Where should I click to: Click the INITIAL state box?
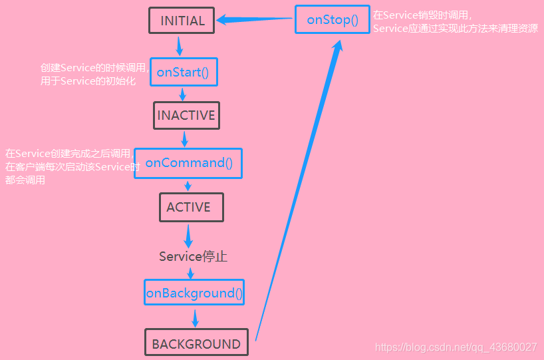[x=182, y=21]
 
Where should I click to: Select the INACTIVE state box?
[x=186, y=115]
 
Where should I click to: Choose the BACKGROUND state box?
[x=196, y=343]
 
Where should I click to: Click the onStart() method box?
[x=183, y=72]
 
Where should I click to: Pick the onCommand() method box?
[x=188, y=163]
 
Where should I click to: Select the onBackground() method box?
[x=194, y=293]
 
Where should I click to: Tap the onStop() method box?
[x=333, y=20]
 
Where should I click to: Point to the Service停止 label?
[x=193, y=256]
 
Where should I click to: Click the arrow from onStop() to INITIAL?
[x=255, y=20]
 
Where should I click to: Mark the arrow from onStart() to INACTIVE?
[x=183, y=94]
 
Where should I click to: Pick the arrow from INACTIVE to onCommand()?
[x=185, y=138]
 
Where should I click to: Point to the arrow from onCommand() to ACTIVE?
[x=188, y=186]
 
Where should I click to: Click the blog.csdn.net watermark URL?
[x=456, y=347]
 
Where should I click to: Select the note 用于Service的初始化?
[x=88, y=81]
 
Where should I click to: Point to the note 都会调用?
[x=25, y=180]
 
